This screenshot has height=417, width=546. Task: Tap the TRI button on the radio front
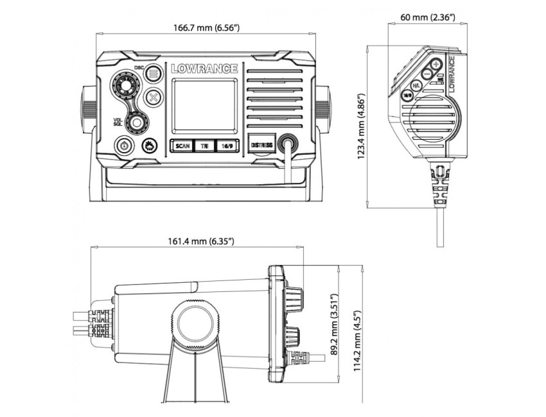[204, 146]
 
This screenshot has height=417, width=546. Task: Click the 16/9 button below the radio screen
[227, 146]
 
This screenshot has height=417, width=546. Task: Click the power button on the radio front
[124, 146]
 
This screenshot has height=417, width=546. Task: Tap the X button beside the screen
[153, 98]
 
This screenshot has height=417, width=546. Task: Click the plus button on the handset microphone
[437, 64]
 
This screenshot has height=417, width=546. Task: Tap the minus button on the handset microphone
[426, 74]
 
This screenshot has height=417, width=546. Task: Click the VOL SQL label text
[118, 122]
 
